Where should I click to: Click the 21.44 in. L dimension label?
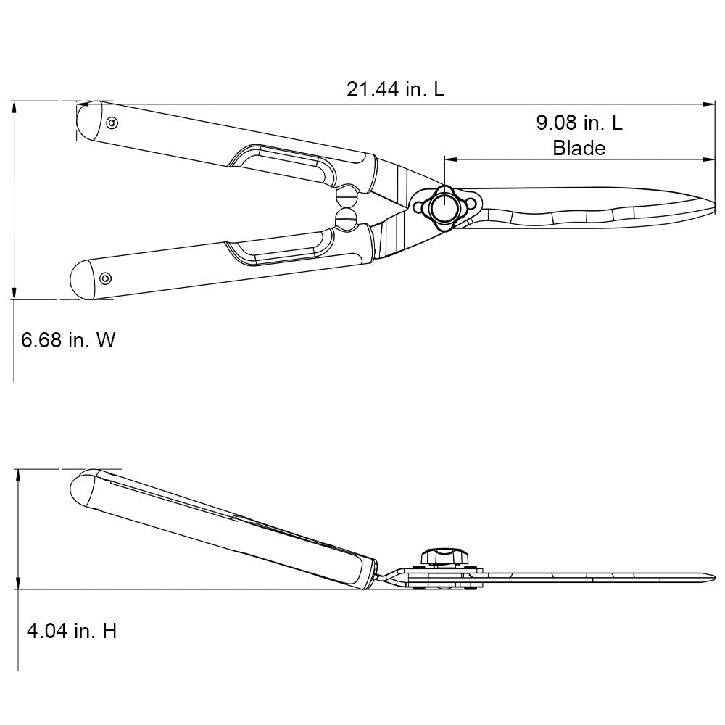click(x=395, y=90)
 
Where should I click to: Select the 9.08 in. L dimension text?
click(x=579, y=123)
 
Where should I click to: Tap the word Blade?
click(x=579, y=148)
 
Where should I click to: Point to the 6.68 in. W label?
click(x=68, y=340)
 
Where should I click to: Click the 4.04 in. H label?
click(x=71, y=631)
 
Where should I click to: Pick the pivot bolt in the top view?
click(x=442, y=207)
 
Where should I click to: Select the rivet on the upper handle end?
click(x=112, y=123)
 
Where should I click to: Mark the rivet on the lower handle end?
click(x=106, y=278)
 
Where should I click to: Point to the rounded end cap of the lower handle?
click(x=82, y=278)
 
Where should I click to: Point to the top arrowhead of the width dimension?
click(x=14, y=106)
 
